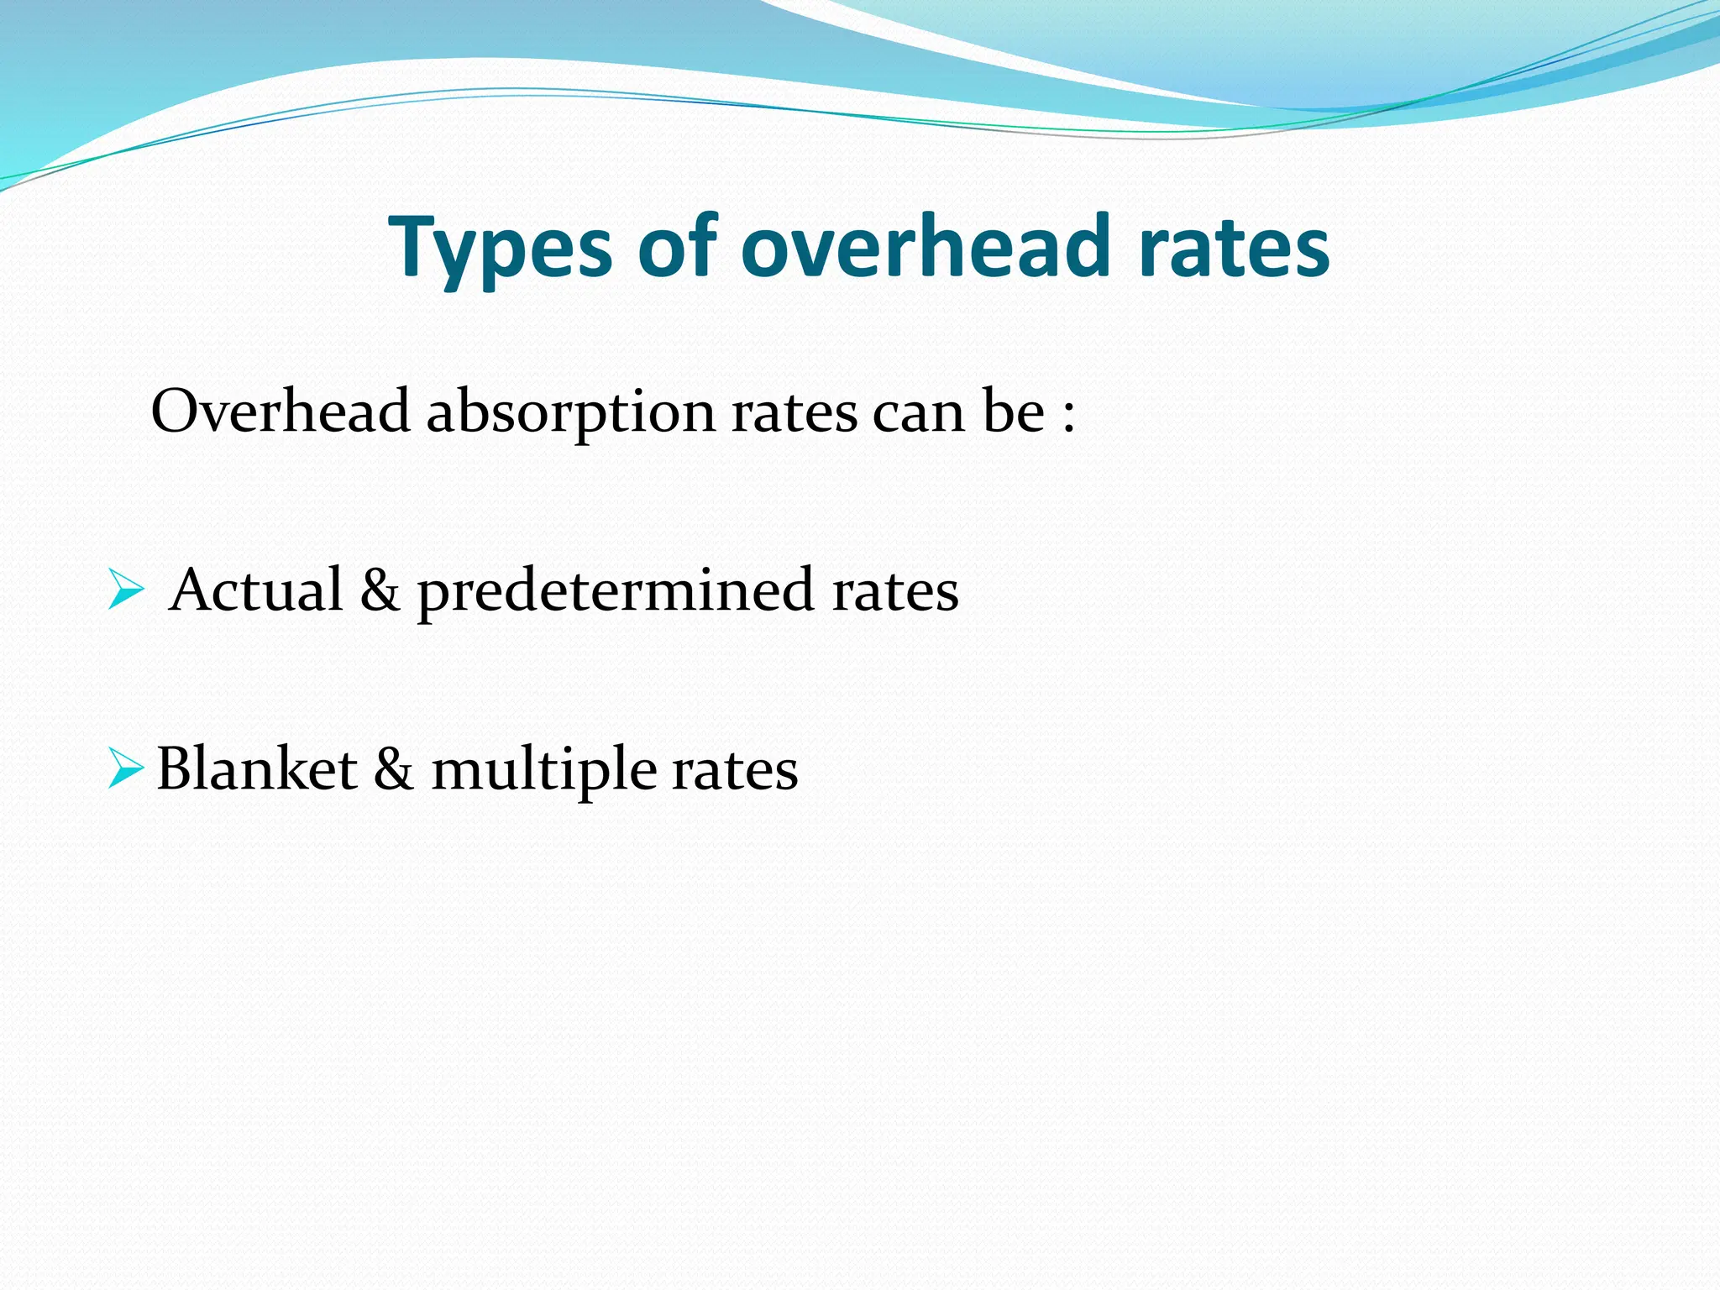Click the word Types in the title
click(499, 249)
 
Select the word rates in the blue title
click(1234, 247)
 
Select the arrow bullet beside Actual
click(126, 590)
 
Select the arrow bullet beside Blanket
click(126, 769)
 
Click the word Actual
click(255, 590)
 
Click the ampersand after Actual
click(380, 590)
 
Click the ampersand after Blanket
click(393, 769)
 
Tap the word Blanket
click(257, 769)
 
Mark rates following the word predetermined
click(894, 591)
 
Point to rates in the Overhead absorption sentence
click(794, 413)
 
